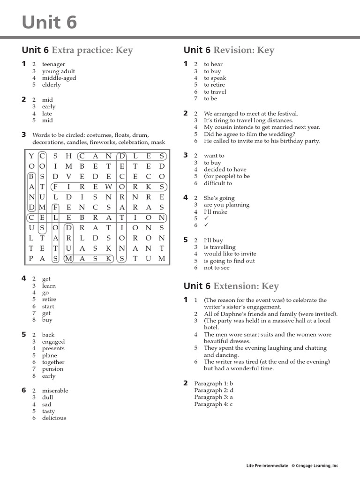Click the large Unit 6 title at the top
pos(49,22)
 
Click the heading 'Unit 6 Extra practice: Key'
pos(77,50)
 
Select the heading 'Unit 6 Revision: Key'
pos(229,50)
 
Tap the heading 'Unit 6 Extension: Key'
pos(231,286)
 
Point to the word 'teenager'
pos(53,64)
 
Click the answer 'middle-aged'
pos(59,78)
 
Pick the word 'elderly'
pos(52,85)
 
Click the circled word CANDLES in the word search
pos(122,156)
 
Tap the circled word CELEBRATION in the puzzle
pos(97,217)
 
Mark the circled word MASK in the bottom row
pos(89,258)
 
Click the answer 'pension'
pos(52,369)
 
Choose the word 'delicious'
pos(54,418)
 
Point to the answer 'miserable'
pos(55,390)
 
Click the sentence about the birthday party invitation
pos(262,141)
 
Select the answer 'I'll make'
pos(216,212)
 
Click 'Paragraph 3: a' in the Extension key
pos(213,397)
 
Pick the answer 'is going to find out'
pos(229,261)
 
